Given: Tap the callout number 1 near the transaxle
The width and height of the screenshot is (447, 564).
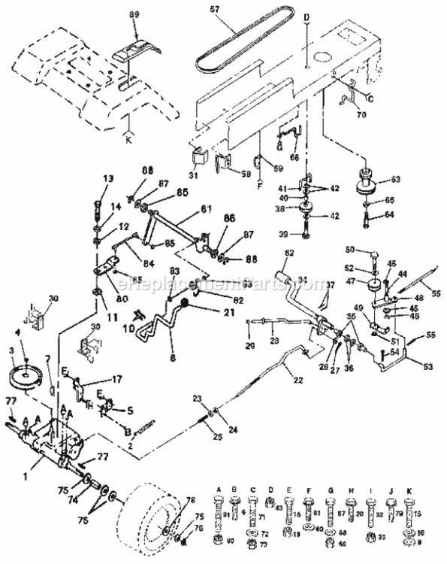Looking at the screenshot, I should pyautogui.click(x=26, y=476).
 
